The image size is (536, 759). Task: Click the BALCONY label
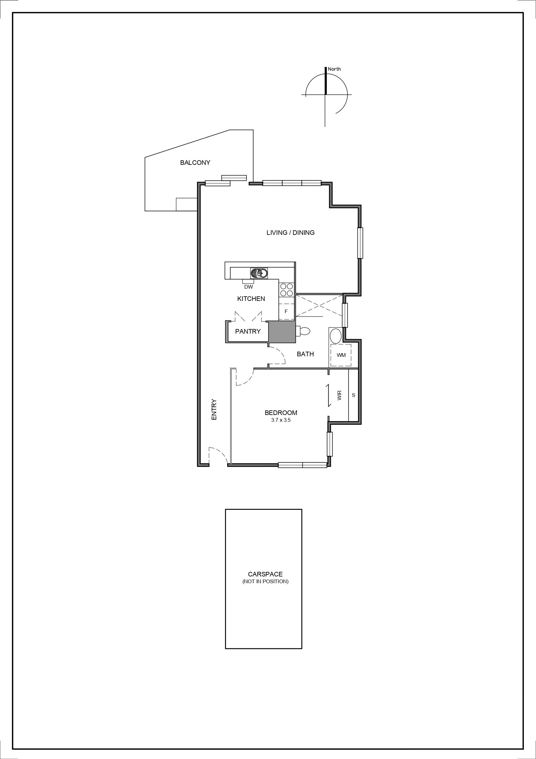195,163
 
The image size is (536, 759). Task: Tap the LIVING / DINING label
290,233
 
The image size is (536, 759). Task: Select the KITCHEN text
251,299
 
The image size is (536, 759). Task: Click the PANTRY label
248,331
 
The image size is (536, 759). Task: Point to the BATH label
305,354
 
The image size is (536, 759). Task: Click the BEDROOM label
281,413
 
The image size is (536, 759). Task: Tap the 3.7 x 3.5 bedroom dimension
281,420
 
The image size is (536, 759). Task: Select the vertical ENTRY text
214,410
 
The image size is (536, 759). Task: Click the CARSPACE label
265,575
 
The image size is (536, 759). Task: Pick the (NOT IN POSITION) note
265,581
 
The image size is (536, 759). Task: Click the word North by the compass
334,69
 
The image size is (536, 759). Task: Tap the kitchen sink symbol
259,273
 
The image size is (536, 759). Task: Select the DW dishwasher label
248,287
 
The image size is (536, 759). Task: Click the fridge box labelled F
286,311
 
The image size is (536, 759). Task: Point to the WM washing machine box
341,355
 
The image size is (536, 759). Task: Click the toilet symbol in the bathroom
304,331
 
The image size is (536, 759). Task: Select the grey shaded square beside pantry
282,332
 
